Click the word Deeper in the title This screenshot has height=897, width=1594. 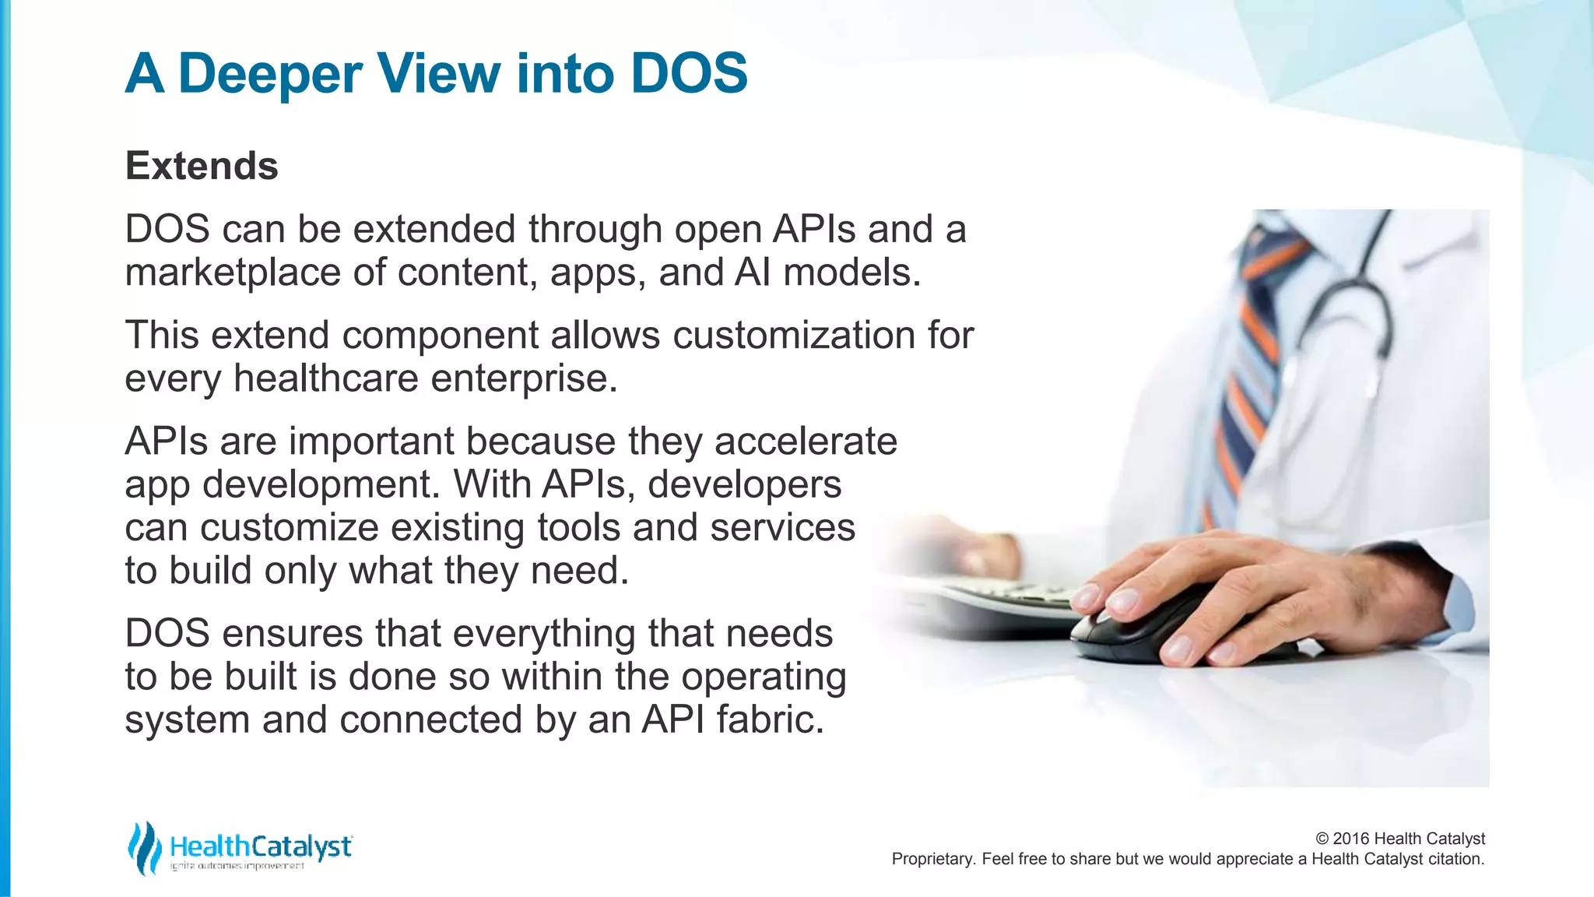270,75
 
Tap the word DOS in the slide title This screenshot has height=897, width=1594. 689,73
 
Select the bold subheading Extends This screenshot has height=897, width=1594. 202,166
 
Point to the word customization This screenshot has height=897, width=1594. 793,336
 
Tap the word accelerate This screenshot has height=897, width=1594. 806,441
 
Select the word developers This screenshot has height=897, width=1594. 744,484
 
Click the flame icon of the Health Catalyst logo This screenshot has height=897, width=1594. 144,848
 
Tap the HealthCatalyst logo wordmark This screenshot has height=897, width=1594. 261,846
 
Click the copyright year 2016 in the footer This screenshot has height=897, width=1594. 1351,839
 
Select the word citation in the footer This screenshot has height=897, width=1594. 1454,859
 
